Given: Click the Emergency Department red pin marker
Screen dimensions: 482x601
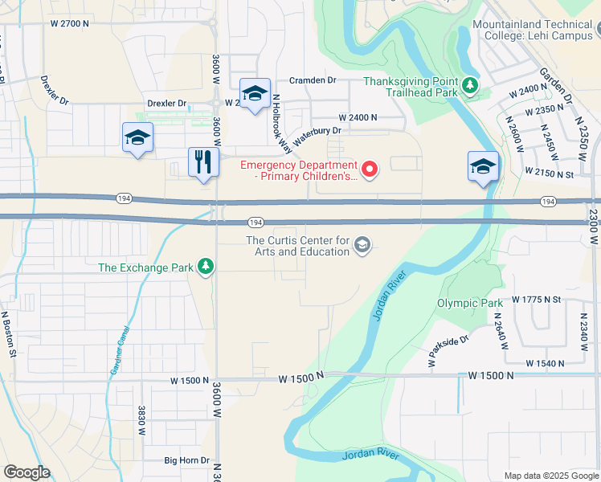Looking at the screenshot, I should coord(370,169).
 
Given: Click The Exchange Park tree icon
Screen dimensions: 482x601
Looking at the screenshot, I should coord(206,267).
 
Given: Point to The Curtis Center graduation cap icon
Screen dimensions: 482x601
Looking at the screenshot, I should coord(362,245).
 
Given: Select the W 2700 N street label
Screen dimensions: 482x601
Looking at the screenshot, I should coord(69,24).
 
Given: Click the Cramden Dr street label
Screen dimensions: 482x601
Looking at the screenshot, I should coord(313,80).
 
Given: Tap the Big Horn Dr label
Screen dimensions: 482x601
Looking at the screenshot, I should coord(186,461).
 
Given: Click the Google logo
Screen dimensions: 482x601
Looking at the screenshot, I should coord(27,472).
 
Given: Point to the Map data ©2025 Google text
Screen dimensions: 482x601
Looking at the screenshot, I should coord(551,476).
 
